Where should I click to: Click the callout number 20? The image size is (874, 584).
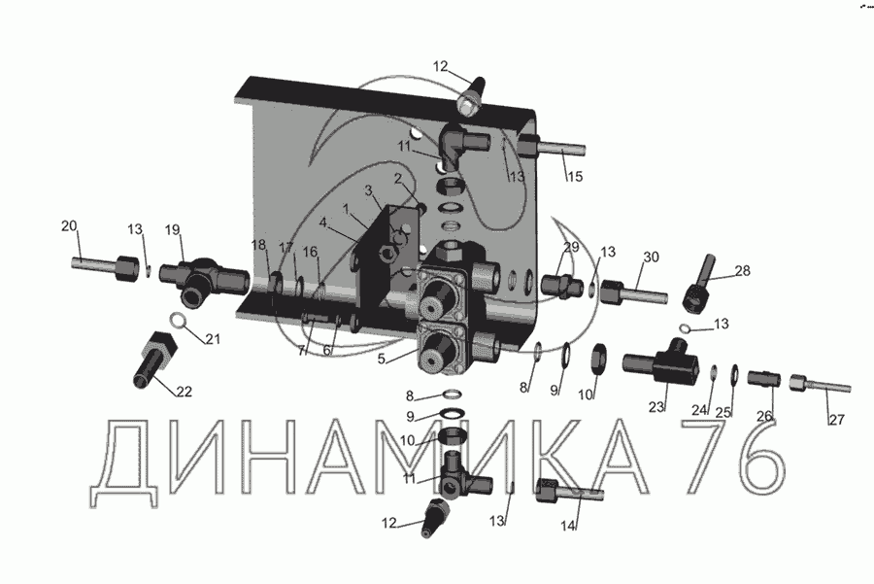(69, 225)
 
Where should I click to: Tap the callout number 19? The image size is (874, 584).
(173, 229)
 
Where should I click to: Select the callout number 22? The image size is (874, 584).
(184, 392)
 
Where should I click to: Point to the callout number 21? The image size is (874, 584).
(213, 338)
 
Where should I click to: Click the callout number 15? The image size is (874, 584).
(575, 176)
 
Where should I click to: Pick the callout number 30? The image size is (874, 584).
(651, 257)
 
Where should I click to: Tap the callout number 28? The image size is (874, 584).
(743, 270)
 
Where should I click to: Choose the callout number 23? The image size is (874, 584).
(656, 406)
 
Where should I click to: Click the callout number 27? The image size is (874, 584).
(837, 419)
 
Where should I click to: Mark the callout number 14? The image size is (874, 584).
(567, 526)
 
